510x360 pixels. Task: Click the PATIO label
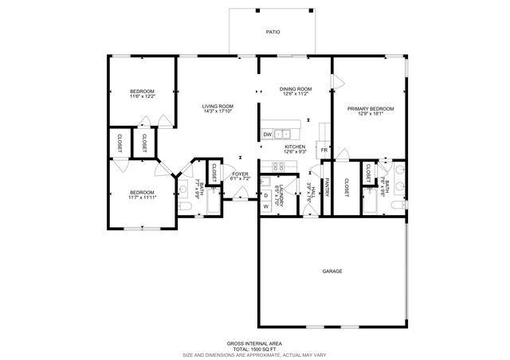(273, 33)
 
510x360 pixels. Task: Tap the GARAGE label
(332, 272)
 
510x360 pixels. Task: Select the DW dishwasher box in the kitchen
(268, 135)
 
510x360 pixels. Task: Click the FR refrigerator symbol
(324, 150)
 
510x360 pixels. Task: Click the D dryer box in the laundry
(266, 194)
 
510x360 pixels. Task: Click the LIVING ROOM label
(217, 106)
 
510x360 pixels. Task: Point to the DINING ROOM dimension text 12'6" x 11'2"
(295, 94)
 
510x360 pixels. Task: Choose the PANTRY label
(328, 186)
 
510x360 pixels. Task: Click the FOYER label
(240, 174)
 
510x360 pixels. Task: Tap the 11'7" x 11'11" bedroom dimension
(143, 197)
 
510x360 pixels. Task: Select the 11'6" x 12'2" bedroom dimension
(142, 96)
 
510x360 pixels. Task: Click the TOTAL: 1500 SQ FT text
(254, 348)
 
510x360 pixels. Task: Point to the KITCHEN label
(296, 147)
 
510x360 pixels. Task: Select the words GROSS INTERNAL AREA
(254, 342)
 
